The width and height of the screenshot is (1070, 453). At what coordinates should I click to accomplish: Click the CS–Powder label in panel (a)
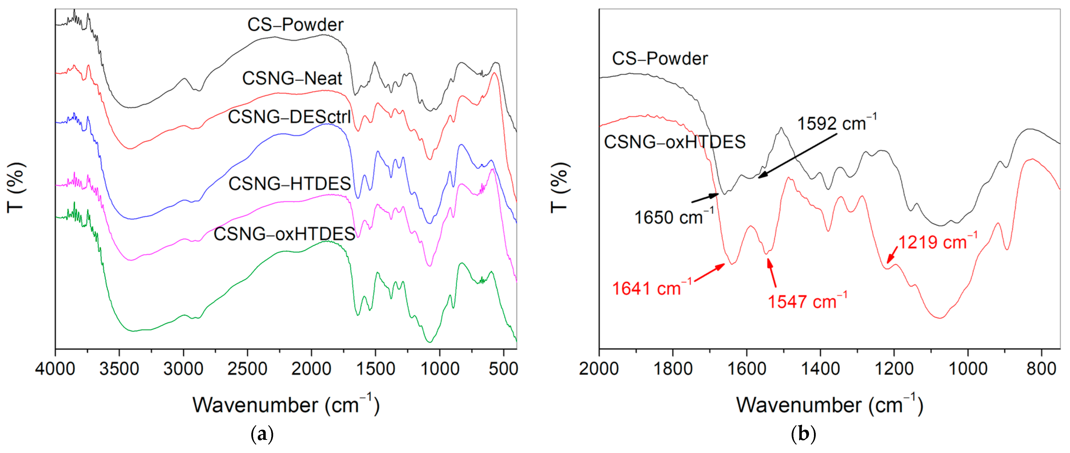coord(295,25)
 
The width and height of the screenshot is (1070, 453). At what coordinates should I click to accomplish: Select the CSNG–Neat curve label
coord(292,78)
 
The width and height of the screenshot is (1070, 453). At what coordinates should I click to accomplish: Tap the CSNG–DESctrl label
coord(290,117)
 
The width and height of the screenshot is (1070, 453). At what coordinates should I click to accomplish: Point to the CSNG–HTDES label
coord(290,183)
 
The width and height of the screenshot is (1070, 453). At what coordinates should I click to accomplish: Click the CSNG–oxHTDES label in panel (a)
coord(285,234)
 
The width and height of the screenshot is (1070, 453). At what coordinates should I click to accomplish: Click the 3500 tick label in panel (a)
coord(119,368)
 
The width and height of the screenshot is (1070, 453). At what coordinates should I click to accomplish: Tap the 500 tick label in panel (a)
coord(503,368)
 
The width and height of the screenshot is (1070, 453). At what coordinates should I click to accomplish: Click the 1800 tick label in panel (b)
coord(673,368)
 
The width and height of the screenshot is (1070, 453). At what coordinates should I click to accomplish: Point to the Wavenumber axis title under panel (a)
coord(286,405)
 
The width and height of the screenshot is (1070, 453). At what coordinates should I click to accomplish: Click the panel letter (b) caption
coord(804,435)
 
